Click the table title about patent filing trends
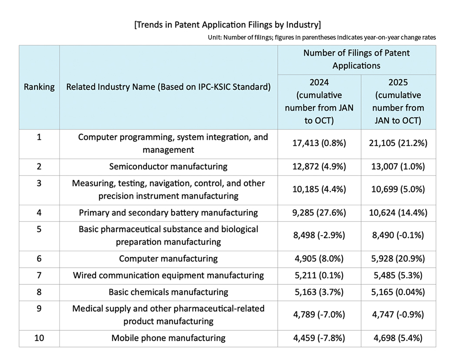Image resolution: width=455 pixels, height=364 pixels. point(227,25)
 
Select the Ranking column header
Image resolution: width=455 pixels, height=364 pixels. point(39,87)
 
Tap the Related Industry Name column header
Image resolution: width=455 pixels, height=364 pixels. point(168,87)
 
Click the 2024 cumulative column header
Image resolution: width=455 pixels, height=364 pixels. point(319,101)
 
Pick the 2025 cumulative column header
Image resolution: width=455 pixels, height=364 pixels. point(398,101)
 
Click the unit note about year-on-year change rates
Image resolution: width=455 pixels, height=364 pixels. point(322,37)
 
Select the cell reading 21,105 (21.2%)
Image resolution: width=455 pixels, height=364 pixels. point(398,143)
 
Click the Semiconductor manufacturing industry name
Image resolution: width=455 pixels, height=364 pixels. point(168,167)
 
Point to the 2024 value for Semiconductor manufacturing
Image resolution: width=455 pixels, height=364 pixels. point(319,167)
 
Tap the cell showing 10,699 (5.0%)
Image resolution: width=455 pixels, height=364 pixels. point(398,189)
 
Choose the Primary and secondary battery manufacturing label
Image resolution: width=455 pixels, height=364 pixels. point(168,213)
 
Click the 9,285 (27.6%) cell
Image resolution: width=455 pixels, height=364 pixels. point(319,213)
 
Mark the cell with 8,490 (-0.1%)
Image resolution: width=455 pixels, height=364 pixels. point(398,235)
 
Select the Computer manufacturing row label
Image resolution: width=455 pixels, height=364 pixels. point(168,258)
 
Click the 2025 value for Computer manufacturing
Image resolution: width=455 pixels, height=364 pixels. point(398,258)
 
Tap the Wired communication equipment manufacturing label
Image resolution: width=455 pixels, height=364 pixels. point(168,275)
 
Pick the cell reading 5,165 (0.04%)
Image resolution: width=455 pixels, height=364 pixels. point(398,292)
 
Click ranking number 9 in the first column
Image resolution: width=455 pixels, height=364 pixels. point(39,308)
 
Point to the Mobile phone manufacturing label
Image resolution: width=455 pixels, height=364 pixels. point(168,338)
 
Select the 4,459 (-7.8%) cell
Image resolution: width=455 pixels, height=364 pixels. point(319,338)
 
